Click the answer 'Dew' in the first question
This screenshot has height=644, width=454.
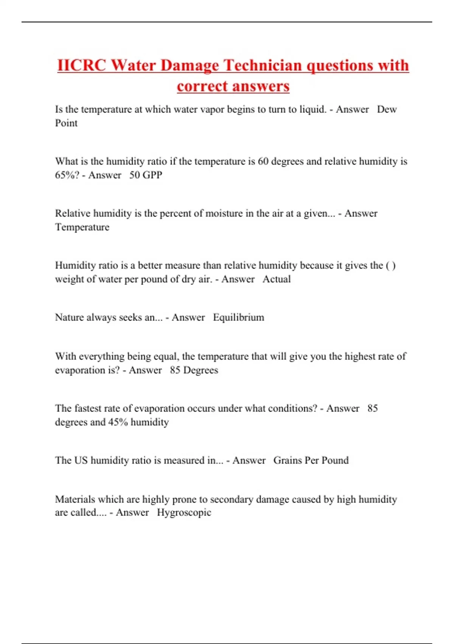tap(387, 109)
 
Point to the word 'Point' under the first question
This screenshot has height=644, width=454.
tap(66, 123)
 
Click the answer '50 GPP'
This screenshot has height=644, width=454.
tap(146, 175)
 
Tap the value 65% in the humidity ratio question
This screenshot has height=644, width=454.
tap(65, 175)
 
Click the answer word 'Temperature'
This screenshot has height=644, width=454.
tap(82, 227)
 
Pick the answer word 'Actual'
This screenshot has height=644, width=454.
tap(277, 279)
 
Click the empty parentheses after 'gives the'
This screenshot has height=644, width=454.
tap(391, 266)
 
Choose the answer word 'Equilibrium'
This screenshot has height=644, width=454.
tap(238, 317)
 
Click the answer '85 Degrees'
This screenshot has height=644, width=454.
tap(194, 370)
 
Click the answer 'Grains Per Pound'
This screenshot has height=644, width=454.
tap(311, 460)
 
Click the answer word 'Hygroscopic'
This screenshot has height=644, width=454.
tap(184, 513)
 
